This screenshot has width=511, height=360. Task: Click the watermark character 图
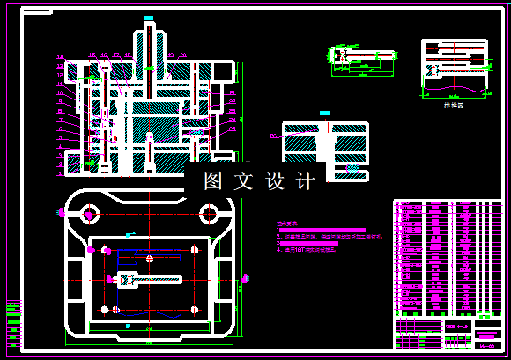(x=213, y=181)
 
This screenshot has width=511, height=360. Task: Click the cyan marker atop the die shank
(x=149, y=18)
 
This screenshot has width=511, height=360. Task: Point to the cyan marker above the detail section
(x=325, y=113)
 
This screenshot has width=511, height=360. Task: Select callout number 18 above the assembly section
(x=129, y=55)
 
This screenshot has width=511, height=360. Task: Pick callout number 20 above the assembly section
(x=182, y=55)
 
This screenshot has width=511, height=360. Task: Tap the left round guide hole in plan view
(x=88, y=212)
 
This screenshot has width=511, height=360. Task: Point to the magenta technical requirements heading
(x=287, y=224)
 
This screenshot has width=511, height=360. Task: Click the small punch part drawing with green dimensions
(x=362, y=55)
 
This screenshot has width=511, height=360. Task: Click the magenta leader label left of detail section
(x=273, y=136)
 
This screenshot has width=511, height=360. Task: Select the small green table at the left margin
(x=13, y=313)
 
